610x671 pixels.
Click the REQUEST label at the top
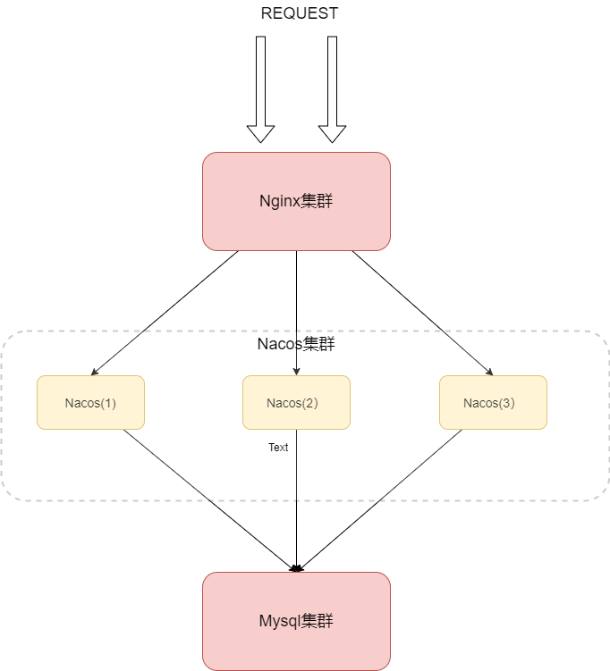click(299, 13)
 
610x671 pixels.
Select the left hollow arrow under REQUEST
click(260, 89)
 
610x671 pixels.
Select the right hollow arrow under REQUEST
click(332, 89)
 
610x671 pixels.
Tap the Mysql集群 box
click(296, 621)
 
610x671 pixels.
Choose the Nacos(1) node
click(90, 402)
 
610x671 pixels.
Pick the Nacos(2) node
click(296, 402)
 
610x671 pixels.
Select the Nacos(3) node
click(493, 402)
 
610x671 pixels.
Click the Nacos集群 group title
click(296, 344)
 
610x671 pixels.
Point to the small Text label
click(278, 447)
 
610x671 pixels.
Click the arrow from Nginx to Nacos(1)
click(165, 313)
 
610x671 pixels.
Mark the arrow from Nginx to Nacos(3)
click(420, 312)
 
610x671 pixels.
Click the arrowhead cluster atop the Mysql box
click(297, 567)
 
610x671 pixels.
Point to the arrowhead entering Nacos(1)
click(94, 373)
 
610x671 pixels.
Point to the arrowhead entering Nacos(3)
click(489, 373)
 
